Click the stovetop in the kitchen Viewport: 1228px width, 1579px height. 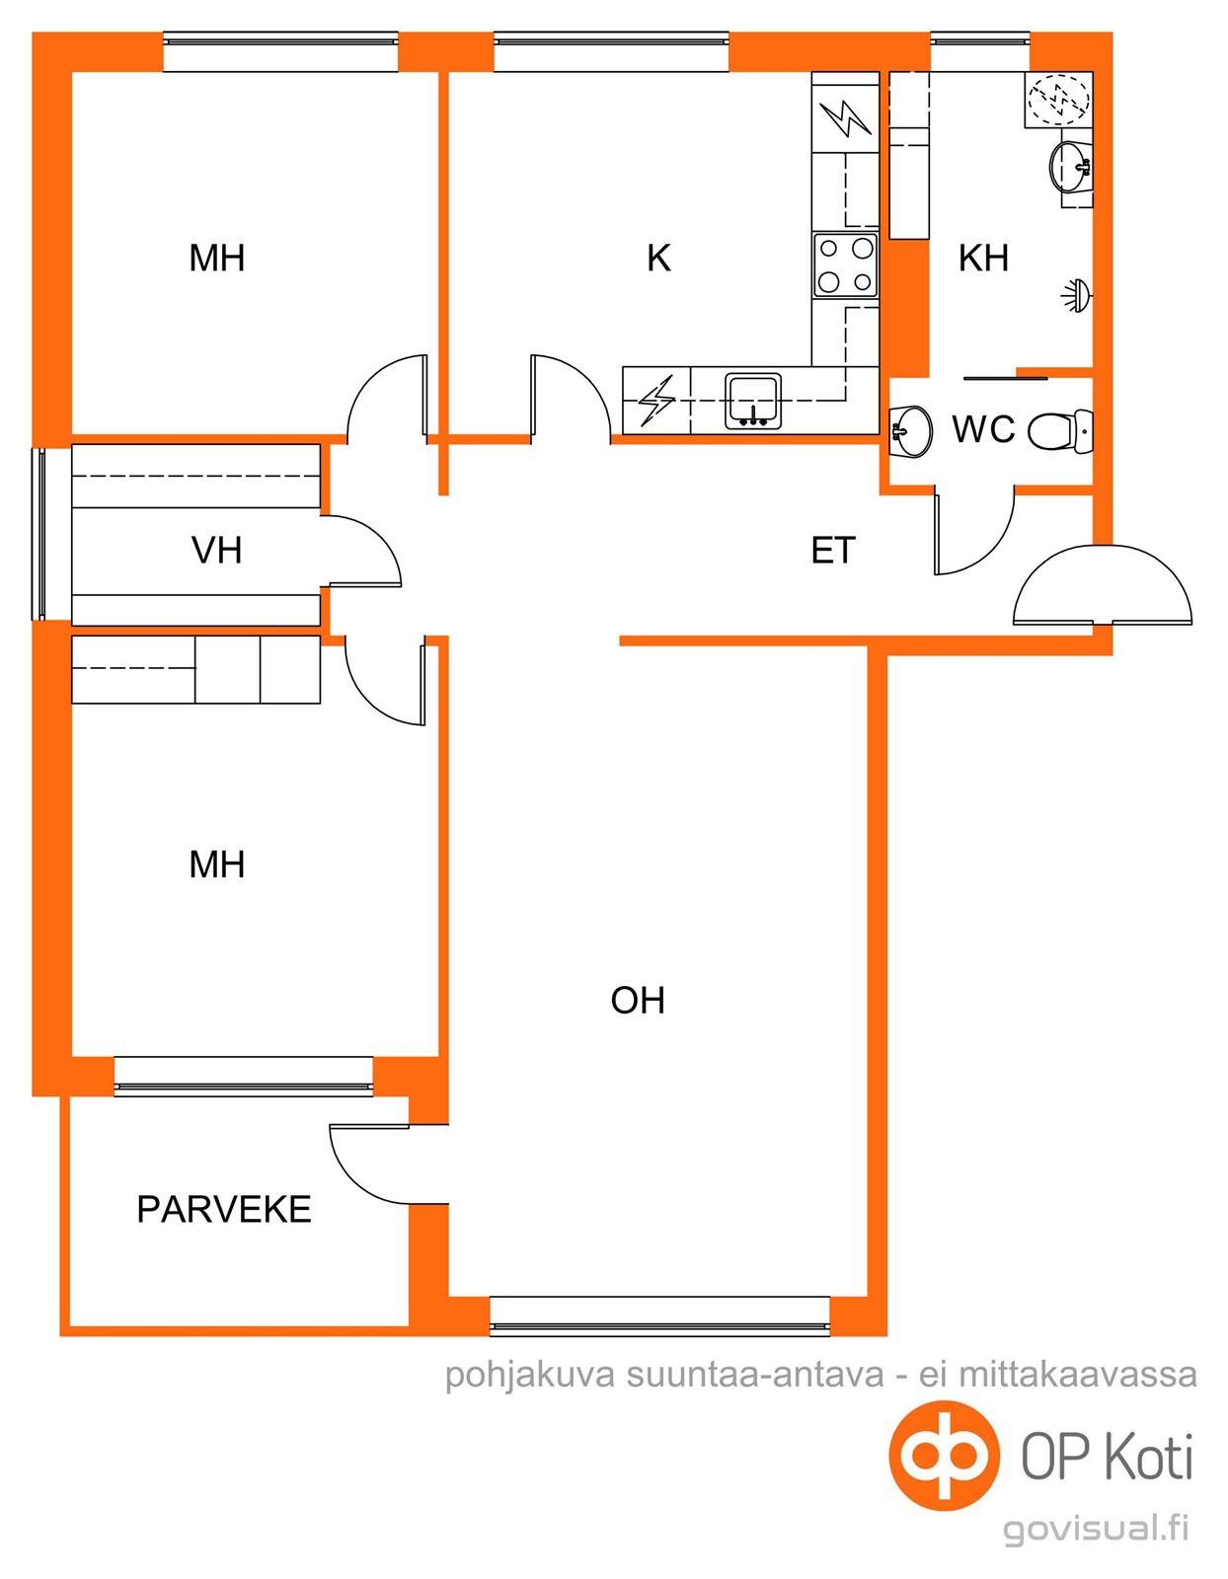pos(845,265)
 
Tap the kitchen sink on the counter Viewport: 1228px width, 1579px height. pos(753,401)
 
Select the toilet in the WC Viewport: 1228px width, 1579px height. pos(1060,431)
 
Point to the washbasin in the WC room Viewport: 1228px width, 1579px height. pos(911,431)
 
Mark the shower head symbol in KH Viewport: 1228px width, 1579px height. pos(1077,296)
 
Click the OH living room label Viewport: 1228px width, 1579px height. pos(638,1000)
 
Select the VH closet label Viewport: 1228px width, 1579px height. pos(216,550)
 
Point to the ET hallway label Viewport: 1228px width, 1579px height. pos(833,550)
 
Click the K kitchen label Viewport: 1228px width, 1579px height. pos(659,258)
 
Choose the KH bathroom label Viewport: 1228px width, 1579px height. pos(983,258)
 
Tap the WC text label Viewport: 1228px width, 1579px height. pos(984,429)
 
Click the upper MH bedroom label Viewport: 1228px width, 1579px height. pos(216,258)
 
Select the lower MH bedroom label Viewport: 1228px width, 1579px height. pos(216,865)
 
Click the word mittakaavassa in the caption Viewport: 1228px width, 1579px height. pos(1078,1374)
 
